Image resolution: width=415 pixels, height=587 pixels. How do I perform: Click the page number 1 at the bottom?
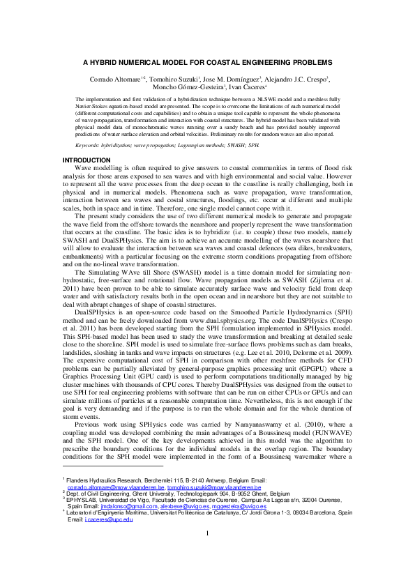tap(207, 554)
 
